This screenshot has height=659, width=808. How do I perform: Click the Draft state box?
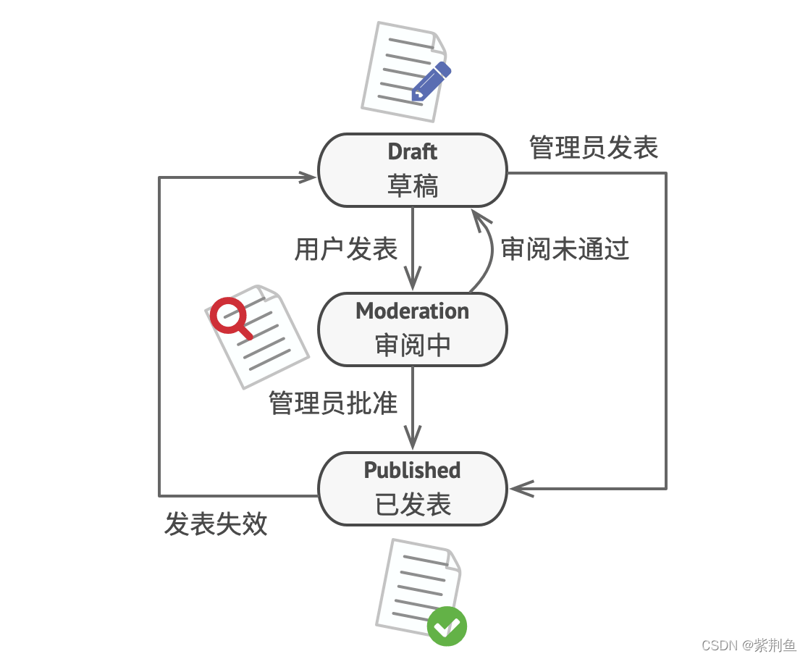point(413,170)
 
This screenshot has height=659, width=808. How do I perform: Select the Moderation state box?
point(413,329)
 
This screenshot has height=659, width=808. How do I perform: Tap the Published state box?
point(413,489)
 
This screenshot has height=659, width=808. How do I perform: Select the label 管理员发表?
point(594,148)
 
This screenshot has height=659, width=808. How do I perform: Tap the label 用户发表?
point(346,249)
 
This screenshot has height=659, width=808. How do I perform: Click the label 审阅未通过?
point(565,249)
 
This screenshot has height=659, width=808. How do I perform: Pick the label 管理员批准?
point(333,403)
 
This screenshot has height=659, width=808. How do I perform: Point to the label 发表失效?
point(216,524)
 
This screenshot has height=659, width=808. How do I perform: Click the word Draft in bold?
point(413,152)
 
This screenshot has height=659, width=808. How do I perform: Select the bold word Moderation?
point(413,311)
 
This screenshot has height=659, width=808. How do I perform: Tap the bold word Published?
point(413,471)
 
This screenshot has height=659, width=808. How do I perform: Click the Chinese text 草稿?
point(413,186)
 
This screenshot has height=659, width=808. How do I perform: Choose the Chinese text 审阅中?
point(413,345)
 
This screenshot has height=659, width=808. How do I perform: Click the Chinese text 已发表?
point(413,505)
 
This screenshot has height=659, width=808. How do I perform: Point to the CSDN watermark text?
point(749,645)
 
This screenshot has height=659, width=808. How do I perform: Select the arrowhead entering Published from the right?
point(520,489)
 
